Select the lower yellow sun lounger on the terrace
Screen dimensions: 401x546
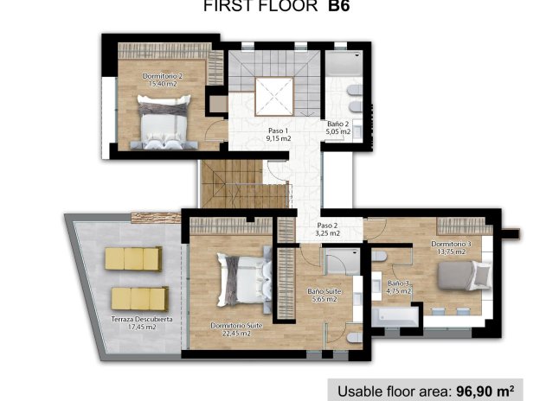coord(139,299)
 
